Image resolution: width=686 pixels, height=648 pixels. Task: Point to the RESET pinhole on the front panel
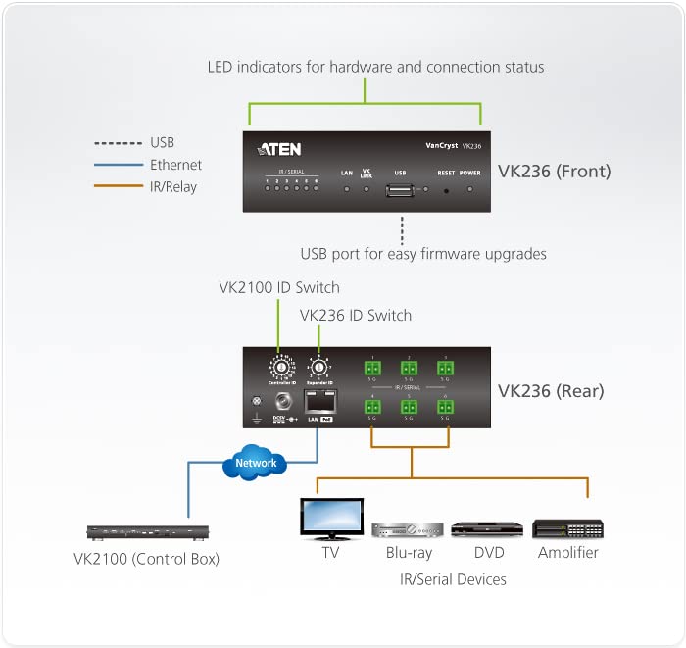point(446,187)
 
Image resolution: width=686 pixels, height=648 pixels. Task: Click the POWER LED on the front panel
point(470,187)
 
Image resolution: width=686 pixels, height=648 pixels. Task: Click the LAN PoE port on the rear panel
point(319,401)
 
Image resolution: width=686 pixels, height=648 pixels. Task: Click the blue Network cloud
point(256,463)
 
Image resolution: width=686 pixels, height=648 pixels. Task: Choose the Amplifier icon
point(567,529)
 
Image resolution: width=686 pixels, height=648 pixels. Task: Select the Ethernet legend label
point(175,165)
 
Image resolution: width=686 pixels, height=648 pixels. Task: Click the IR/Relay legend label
point(173,186)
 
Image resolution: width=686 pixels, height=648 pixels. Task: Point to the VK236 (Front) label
point(554,172)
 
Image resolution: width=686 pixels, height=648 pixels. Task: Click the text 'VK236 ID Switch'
point(356,315)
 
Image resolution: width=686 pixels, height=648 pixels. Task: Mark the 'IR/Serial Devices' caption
point(453,579)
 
